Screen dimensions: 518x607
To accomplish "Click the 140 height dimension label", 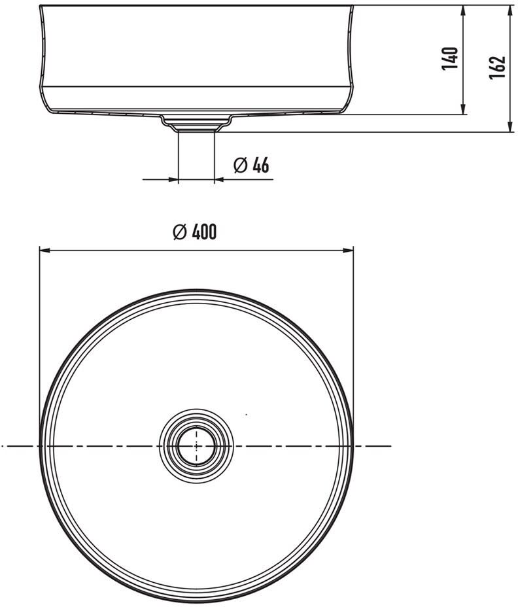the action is coord(450,59).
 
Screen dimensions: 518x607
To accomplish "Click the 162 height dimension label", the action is coord(498,67).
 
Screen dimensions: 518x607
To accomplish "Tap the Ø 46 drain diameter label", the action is coord(251,165).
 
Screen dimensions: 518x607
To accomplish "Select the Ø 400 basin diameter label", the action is coord(195,232).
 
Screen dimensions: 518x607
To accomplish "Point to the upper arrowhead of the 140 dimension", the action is coord(462,11).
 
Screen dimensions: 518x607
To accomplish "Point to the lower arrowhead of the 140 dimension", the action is coord(462,109).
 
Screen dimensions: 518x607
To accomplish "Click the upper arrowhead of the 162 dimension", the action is coord(510,11).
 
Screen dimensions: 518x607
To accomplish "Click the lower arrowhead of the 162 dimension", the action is coord(510,126).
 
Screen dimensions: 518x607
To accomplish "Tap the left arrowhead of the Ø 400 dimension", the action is coord(45,251).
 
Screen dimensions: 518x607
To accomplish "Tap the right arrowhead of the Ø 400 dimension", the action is coord(347,251).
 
